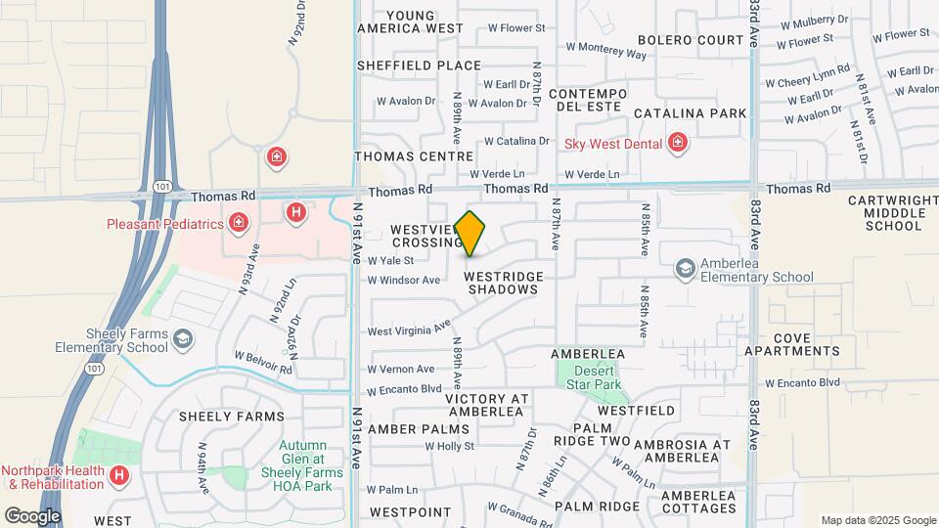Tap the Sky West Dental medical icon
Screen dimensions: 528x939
677,144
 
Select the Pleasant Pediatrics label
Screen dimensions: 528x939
165,224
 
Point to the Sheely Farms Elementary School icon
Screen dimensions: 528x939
181,339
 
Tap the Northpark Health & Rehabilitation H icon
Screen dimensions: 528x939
118,476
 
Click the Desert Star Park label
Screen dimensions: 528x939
594,377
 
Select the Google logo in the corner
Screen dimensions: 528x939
33,515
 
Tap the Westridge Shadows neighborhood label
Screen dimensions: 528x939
504,284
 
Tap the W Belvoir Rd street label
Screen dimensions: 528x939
263,363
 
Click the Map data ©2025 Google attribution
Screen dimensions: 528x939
877,520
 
